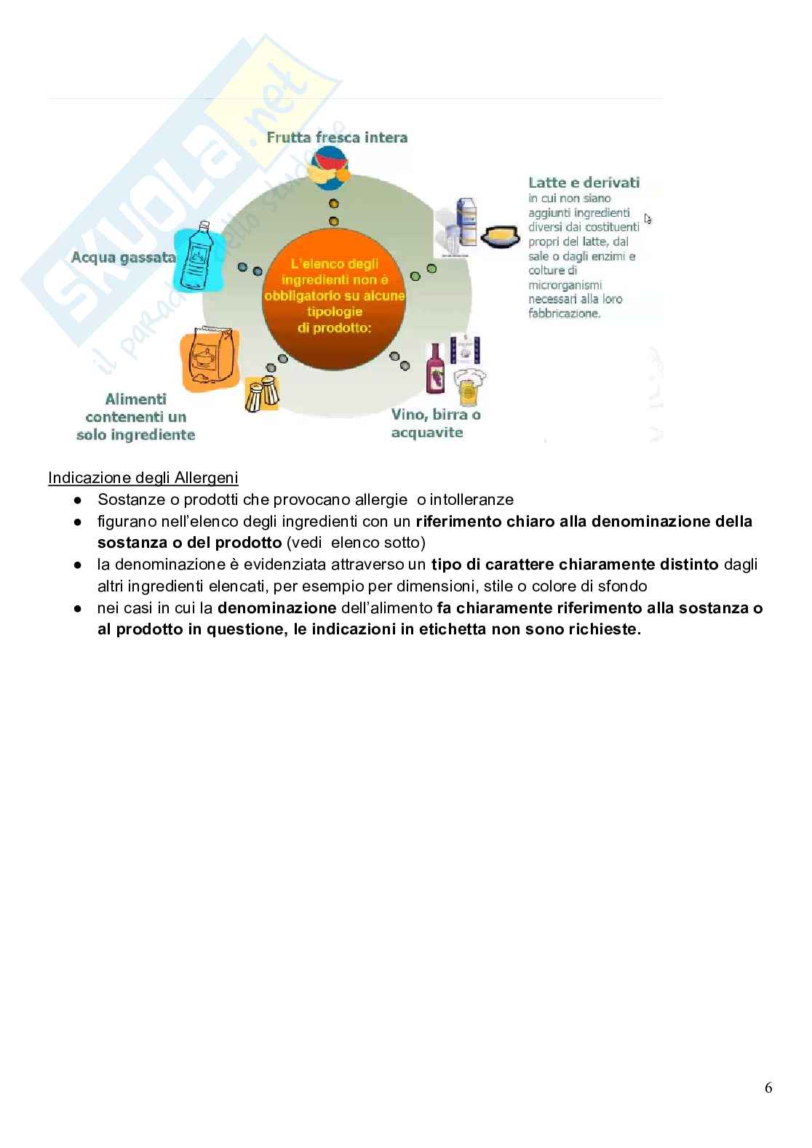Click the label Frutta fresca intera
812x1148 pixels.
337,137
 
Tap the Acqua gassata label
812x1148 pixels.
124,257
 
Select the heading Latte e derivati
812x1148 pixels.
584,183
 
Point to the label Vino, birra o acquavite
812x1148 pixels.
436,423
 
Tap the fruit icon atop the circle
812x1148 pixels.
328,168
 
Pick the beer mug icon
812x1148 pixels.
469,388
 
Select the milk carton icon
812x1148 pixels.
466,222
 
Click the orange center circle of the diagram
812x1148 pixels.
334,298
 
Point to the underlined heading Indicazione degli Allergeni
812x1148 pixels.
143,478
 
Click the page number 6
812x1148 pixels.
768,1088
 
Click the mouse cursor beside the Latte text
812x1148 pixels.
648,218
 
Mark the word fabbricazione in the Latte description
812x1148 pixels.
564,314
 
